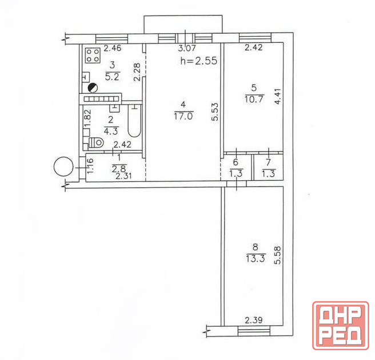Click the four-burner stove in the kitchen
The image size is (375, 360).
coord(93,56)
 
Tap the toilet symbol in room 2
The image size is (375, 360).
coord(96,143)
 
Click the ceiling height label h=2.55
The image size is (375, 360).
coord(199,61)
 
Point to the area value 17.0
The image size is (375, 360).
coord(183,116)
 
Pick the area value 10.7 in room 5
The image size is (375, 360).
coord(254,99)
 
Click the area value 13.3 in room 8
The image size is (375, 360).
coord(256,259)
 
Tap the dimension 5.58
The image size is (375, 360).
coord(277,255)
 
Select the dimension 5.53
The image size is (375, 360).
coord(215,112)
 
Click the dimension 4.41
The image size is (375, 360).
coord(277,96)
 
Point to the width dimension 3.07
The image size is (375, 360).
coord(187,48)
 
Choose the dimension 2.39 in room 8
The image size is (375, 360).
coord(253,320)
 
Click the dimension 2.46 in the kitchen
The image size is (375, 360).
coord(113,48)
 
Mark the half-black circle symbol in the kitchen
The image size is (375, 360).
coord(93,88)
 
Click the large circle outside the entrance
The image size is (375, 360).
coord(63,166)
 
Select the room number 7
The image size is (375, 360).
coord(268,163)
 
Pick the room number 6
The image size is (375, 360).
coord(236,162)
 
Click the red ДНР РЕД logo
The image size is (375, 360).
coord(340,325)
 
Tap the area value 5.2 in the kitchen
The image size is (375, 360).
coord(112,77)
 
